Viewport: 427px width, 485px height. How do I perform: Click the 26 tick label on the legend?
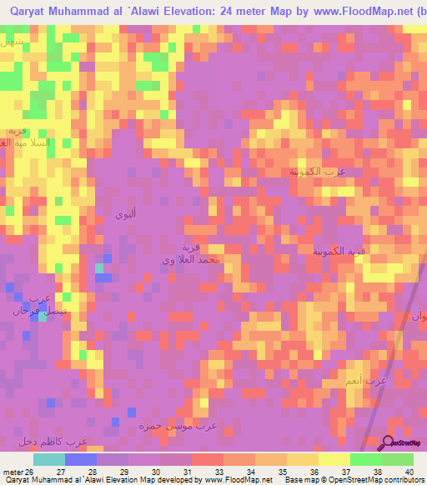(29, 472)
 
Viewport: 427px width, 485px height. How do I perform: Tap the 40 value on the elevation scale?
(408, 472)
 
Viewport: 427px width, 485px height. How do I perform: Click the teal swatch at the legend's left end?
(48, 459)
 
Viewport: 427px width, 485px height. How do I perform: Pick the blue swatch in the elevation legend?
(80, 459)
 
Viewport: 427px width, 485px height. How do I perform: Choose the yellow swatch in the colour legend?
(334, 459)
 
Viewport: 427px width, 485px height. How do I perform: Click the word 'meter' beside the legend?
(12, 472)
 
